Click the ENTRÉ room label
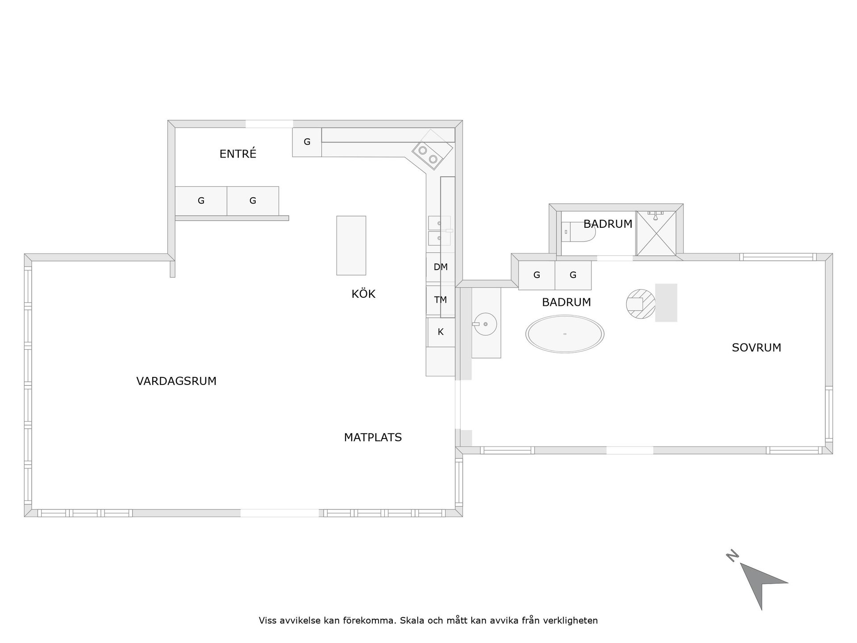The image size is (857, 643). tap(238, 154)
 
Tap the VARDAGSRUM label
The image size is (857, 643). tap(176, 381)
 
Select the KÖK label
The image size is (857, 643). tap(363, 294)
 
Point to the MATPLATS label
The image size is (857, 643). tap(373, 438)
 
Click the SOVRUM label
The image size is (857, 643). tap(757, 348)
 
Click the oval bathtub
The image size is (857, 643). tap(565, 334)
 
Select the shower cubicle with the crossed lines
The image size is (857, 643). tap(656, 233)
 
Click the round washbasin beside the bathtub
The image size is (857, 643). tap(485, 324)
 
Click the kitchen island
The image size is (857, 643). tap(351, 246)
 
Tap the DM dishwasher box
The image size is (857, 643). tap(441, 267)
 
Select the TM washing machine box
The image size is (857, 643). tap(441, 300)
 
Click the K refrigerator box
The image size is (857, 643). tap(441, 332)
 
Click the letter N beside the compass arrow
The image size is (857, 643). tap(732, 556)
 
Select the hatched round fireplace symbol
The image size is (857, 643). tap(641, 304)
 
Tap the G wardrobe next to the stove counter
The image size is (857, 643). tap(307, 142)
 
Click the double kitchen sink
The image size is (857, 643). tap(440, 231)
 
